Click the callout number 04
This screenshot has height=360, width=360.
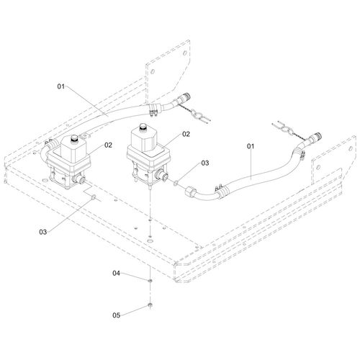pos(116,273)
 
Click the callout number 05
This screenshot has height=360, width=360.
pos(116,315)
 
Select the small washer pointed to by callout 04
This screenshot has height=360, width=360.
pos(150,280)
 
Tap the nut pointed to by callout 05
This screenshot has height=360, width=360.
pos(150,305)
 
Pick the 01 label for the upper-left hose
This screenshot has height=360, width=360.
pos(61,86)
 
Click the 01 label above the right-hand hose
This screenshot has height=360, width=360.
pos(251,146)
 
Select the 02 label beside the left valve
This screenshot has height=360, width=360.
pos(108,145)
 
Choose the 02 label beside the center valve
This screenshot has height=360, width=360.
pos(186,134)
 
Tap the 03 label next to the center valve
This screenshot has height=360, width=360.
pos(205,163)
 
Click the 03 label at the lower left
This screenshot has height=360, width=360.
pos(43,232)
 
